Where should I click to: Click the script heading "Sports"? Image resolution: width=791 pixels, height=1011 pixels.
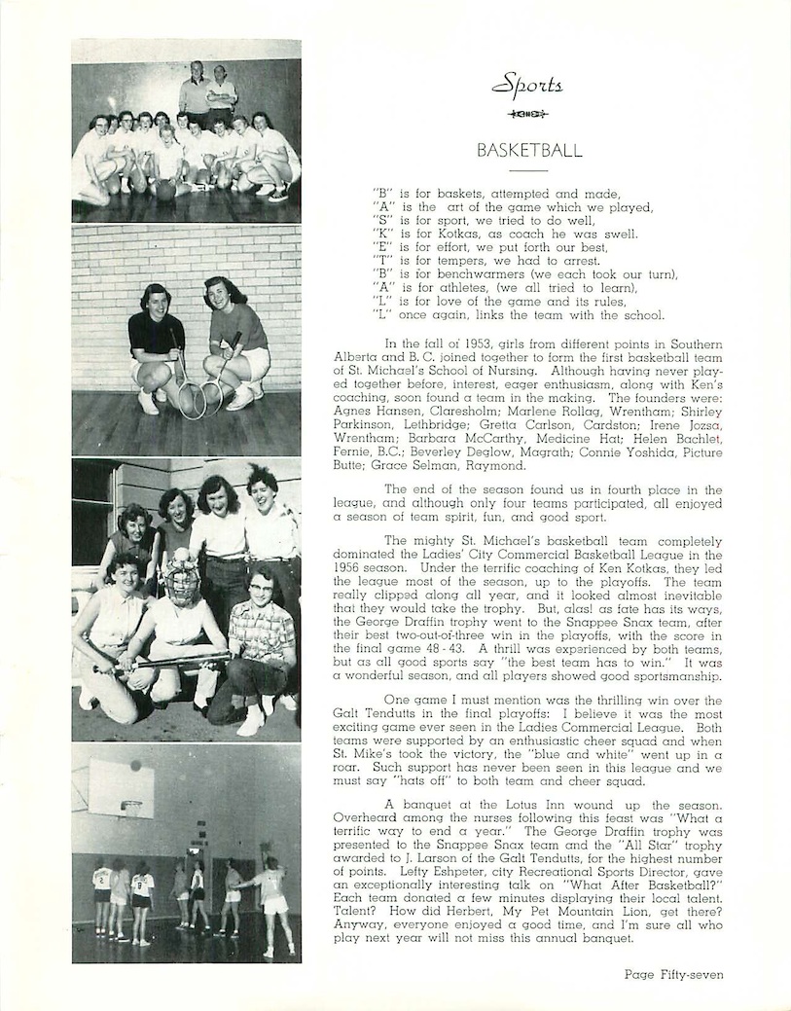pos(527,86)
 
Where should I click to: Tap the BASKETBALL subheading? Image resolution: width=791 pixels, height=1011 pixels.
pos(529,151)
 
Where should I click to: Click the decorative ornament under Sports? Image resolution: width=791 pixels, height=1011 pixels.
pos(528,115)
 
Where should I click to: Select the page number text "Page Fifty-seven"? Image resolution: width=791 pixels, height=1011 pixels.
pos(674,974)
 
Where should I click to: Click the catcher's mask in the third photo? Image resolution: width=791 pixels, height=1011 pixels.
pos(181,580)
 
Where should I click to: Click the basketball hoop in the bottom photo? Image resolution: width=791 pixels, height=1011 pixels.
pos(130,807)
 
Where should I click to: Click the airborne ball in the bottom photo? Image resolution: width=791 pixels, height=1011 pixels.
pos(135,766)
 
